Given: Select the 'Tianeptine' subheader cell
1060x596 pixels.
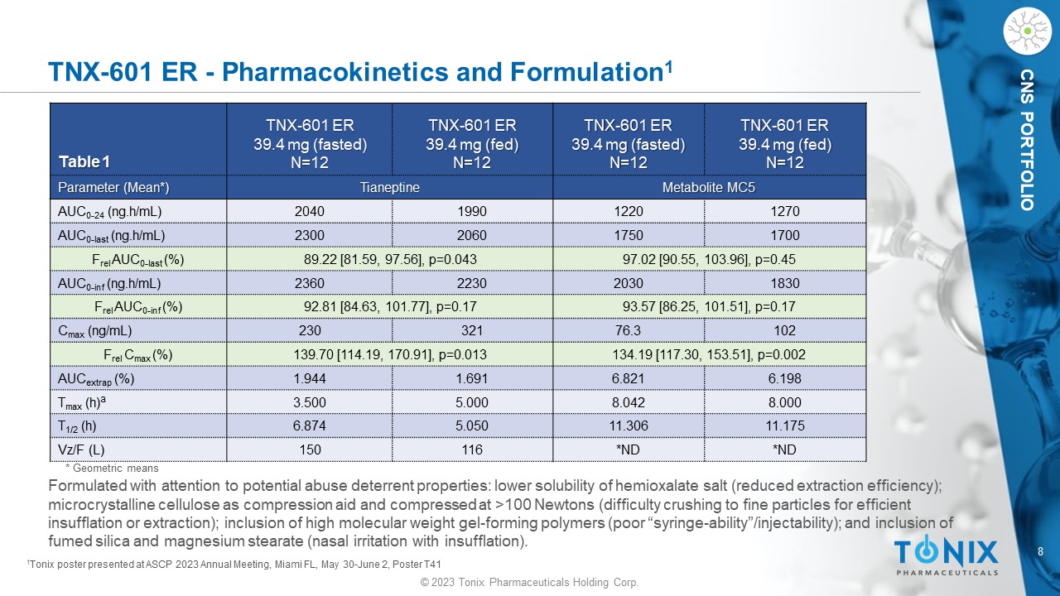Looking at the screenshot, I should coord(389,188).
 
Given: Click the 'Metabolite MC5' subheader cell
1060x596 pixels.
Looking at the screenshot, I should coord(709,188).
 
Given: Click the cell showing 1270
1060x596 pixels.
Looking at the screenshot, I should coord(784,212).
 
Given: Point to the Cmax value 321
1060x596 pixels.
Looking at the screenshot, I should coord(472,331).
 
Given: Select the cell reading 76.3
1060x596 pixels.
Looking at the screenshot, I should coord(628,331).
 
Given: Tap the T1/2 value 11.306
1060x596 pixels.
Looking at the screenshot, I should coord(628,426).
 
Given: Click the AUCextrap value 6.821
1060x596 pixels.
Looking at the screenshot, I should coord(628,378).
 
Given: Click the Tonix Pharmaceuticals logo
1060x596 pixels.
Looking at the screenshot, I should coord(946,555).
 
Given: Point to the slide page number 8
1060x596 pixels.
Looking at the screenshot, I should coord(1041,551).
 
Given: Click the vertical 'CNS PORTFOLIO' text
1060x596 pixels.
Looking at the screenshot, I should coord(1027,141).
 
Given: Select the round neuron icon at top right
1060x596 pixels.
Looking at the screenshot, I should coord(1026,31).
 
